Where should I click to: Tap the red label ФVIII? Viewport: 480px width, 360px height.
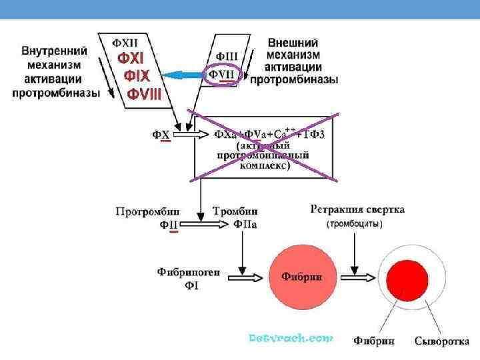(144, 94)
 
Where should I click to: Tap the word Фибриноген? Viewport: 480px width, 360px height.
(189, 272)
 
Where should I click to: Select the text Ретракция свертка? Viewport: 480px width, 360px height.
(357, 209)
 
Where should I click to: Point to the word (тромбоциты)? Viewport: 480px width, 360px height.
(354, 224)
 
